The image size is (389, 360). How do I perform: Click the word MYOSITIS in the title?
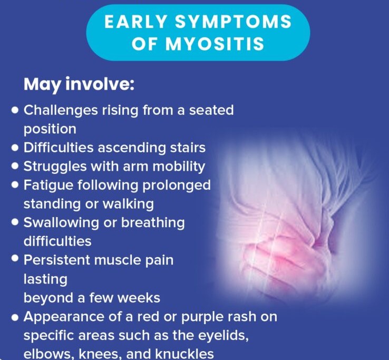(215, 44)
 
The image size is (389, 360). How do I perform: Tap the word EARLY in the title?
(135, 21)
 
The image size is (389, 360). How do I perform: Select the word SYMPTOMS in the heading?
(233, 21)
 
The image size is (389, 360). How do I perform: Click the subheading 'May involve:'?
(79, 85)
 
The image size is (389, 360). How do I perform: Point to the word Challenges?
(61, 111)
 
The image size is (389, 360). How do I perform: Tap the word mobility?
(179, 167)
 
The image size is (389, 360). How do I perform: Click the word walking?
(128, 204)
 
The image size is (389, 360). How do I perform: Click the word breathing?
(153, 222)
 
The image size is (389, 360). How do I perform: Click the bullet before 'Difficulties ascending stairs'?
(15, 148)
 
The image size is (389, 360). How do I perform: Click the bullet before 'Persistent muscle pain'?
(15, 258)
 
